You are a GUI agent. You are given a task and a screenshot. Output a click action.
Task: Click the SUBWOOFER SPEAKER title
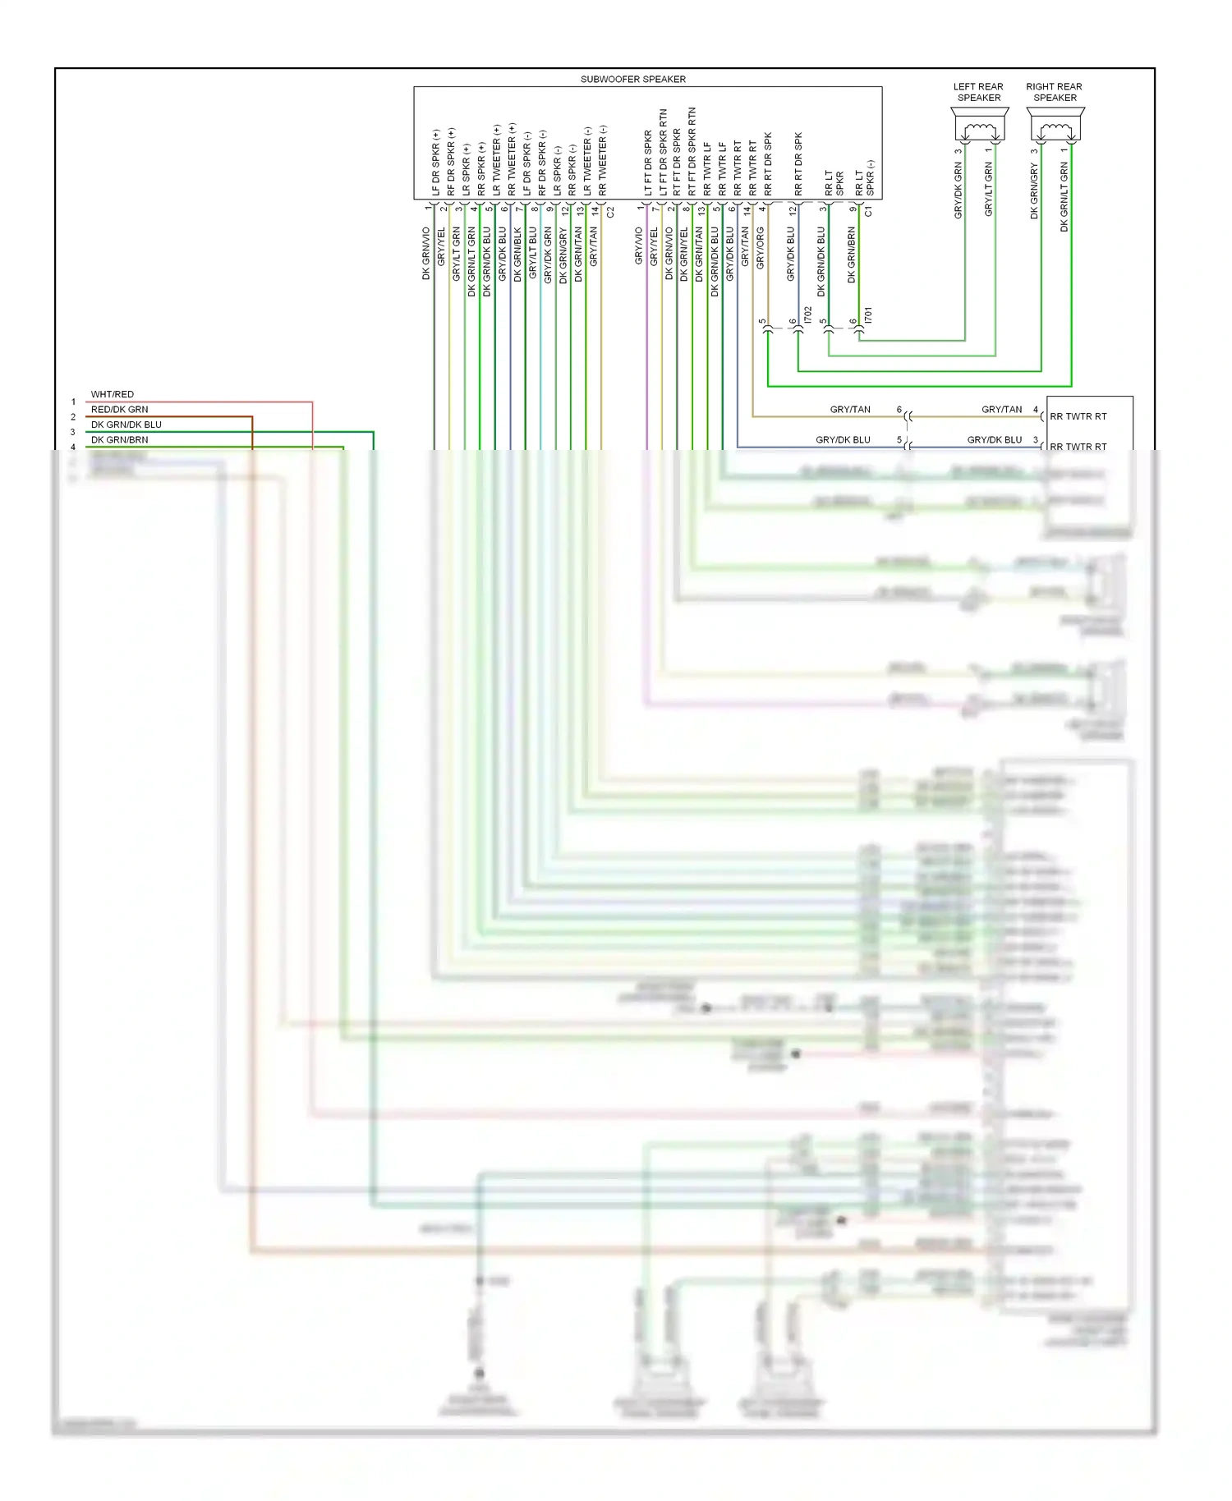[x=632, y=80]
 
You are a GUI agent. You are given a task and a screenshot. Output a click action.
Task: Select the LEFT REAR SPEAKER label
[x=978, y=92]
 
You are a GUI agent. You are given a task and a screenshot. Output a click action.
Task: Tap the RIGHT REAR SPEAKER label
[x=1054, y=92]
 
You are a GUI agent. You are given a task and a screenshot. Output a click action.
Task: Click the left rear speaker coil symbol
[x=979, y=130]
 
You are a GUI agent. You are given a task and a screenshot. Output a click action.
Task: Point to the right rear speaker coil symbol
[x=1055, y=130]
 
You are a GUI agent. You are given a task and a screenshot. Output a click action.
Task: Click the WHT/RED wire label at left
[x=112, y=395]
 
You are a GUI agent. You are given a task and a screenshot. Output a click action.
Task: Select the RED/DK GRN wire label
[x=119, y=410]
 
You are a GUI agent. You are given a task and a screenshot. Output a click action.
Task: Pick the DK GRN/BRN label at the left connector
[x=119, y=440]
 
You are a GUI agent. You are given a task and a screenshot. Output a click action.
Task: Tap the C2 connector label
[x=610, y=212]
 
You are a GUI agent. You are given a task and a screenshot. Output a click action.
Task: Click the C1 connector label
[x=869, y=212]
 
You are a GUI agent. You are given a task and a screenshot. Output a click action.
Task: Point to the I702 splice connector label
[x=808, y=314]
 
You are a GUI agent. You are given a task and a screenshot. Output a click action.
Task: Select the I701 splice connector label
[x=868, y=314]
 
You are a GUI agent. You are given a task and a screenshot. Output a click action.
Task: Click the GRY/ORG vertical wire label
[x=760, y=248]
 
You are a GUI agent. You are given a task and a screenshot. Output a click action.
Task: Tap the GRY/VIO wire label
[x=638, y=246]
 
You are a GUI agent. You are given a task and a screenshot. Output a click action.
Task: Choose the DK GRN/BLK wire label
[x=517, y=255]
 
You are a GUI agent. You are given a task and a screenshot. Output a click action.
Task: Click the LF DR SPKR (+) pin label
[x=435, y=163]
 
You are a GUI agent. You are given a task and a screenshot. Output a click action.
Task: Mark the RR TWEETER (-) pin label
[x=603, y=160]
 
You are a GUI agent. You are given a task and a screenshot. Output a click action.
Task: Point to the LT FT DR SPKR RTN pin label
[x=663, y=152]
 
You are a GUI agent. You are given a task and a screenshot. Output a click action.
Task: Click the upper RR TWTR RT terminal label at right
[x=1078, y=417]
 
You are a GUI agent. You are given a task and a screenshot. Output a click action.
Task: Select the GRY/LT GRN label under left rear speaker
[x=988, y=190]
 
